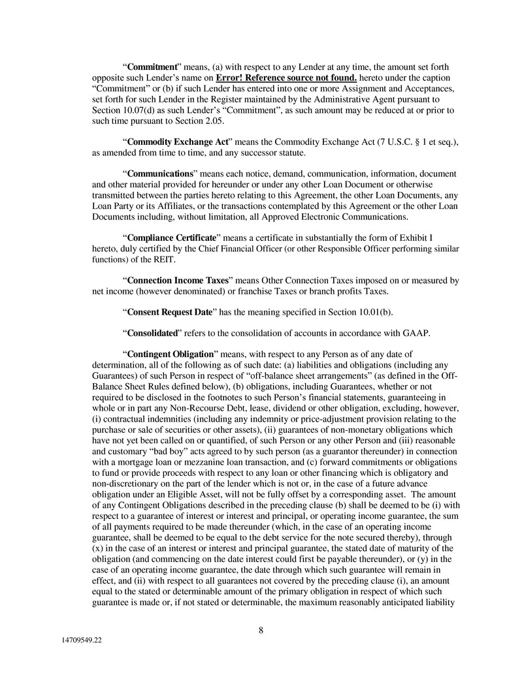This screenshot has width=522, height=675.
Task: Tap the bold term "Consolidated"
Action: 153,333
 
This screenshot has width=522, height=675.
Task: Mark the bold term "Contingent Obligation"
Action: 170,354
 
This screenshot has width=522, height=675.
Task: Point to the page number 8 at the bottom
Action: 261,630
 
